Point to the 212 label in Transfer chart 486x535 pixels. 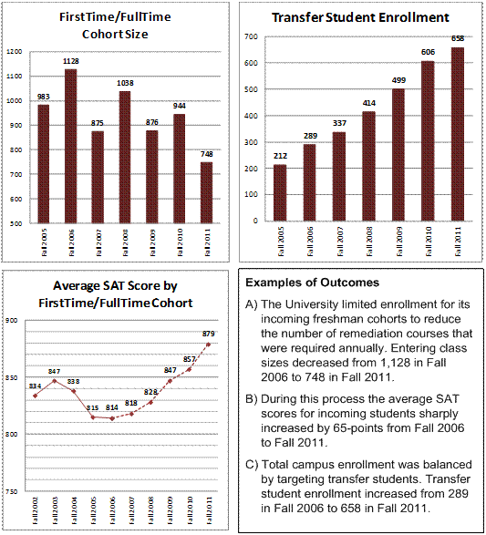[x=279, y=155]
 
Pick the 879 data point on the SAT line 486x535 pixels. [x=207, y=345]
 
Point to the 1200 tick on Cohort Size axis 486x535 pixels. [x=14, y=52]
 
